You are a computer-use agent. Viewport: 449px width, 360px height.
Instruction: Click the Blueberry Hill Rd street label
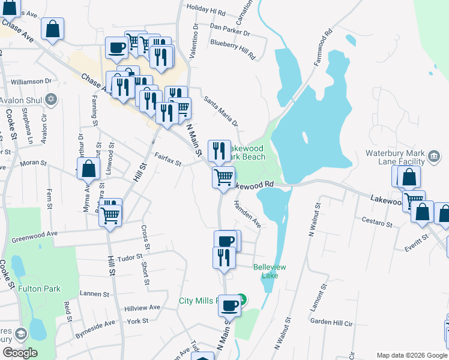(x=233, y=45)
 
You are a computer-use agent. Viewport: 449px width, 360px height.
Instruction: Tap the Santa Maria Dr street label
(x=221, y=112)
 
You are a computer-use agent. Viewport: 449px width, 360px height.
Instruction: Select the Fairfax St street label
(x=167, y=159)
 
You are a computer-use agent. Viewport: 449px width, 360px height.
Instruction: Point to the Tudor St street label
(x=130, y=257)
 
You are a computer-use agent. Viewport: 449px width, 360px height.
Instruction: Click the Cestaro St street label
(x=376, y=223)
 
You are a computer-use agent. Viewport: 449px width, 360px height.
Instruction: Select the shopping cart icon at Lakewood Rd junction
(x=224, y=177)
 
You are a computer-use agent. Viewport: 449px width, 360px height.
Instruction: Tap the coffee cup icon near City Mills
(x=229, y=306)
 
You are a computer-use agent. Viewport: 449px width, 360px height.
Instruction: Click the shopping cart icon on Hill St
(x=110, y=214)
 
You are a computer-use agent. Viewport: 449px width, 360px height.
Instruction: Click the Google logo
(x=20, y=353)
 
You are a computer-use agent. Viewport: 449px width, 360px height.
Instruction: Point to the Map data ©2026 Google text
(x=412, y=355)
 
